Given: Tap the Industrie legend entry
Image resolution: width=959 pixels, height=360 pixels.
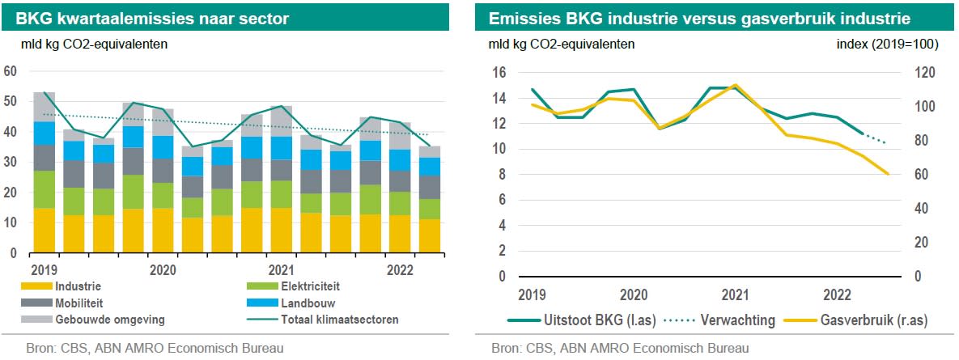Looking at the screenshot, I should coord(79,286).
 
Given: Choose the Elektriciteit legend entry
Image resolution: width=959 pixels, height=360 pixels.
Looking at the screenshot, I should coord(310,286).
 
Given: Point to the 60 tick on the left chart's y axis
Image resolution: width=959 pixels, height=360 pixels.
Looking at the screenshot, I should coord(11,71).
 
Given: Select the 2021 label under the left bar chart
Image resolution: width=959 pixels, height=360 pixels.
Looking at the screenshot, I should coord(280,269).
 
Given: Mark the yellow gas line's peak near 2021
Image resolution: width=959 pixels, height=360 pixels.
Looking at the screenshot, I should coord(734,84).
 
